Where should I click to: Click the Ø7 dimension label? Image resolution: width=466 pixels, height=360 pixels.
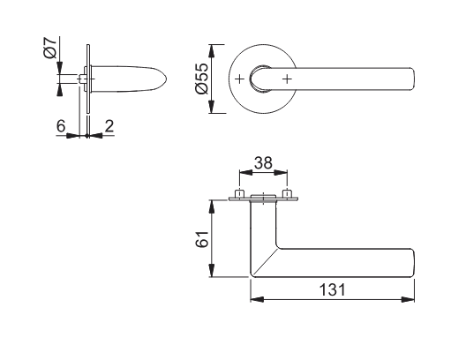(50, 48)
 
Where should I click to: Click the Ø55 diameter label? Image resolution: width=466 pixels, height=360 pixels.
(202, 79)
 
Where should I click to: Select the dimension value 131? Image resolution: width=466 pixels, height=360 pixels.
(333, 290)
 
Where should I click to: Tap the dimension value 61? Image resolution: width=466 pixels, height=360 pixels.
(202, 239)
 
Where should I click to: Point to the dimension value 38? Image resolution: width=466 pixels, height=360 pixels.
(263, 162)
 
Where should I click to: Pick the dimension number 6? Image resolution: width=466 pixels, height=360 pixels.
(61, 125)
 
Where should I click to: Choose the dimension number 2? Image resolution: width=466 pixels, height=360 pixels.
(109, 125)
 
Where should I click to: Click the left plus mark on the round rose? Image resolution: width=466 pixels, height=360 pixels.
(239, 79)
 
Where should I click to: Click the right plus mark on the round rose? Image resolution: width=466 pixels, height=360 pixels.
(287, 79)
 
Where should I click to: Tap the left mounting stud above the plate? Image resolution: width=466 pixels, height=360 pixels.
(239, 193)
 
